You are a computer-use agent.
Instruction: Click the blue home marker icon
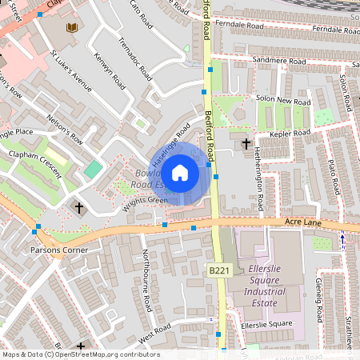click(180, 173)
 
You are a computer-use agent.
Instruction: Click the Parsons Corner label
click(58, 250)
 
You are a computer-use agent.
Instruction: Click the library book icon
click(71, 28)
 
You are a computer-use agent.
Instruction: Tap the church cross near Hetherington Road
click(246, 143)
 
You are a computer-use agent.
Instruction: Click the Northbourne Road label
click(146, 282)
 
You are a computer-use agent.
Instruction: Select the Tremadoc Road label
click(134, 58)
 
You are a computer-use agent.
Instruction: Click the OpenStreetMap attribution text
click(80, 354)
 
